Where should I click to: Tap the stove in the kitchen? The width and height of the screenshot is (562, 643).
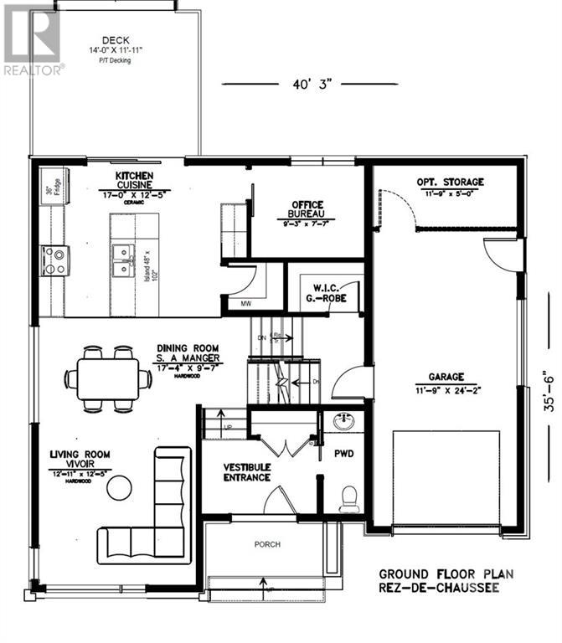(x=55, y=260)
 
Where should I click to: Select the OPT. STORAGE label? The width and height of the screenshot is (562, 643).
(x=450, y=187)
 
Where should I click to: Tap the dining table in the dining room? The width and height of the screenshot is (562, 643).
(x=109, y=378)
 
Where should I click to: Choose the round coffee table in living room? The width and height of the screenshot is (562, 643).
(x=121, y=486)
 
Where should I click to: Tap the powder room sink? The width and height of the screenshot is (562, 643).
(x=343, y=420)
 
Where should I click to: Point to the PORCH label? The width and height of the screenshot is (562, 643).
(x=266, y=544)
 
